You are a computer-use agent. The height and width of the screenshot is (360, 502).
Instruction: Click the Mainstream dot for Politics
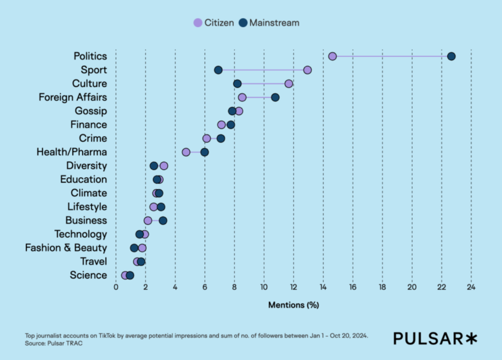452,56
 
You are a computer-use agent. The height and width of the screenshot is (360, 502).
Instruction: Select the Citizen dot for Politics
332,56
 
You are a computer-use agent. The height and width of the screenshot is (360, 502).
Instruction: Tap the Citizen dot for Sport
307,70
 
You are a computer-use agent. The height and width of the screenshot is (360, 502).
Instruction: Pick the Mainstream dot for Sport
218,70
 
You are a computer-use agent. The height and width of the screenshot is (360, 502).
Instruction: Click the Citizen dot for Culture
289,84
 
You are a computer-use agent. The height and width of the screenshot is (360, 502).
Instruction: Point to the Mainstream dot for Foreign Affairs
275,98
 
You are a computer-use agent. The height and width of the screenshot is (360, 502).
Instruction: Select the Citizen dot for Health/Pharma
186,152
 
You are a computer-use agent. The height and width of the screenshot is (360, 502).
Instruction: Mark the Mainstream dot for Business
163,220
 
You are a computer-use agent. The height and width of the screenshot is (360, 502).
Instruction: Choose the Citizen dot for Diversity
164,166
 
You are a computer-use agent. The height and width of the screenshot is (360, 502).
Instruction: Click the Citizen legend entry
214,23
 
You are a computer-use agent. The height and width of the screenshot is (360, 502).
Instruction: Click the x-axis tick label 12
293,287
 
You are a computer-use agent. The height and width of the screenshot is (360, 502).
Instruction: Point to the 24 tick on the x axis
471,287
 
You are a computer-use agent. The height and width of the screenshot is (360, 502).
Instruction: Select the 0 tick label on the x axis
116,287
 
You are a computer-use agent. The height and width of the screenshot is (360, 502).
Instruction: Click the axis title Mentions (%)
293,305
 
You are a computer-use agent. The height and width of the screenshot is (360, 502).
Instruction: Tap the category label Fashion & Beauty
66,248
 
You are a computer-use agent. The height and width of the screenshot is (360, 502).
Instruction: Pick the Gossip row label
91,111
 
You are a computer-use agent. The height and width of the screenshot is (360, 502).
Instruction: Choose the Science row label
88,275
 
